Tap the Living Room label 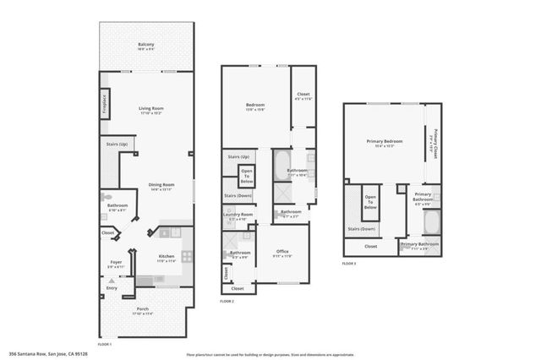coord(150,109)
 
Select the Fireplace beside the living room coord(105,103)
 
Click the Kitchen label coord(166,257)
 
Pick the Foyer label coord(115,262)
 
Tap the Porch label coord(144,309)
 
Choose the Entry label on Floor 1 coord(112,288)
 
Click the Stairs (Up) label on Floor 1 coord(117,145)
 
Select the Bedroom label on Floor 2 coord(255,106)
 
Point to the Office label coord(281,252)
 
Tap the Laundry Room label coord(238,215)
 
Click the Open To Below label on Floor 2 coord(246,178)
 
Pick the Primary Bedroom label coord(385,141)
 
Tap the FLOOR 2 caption coord(227,302)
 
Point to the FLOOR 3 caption coord(349,264)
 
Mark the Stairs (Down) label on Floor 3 coord(362,228)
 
